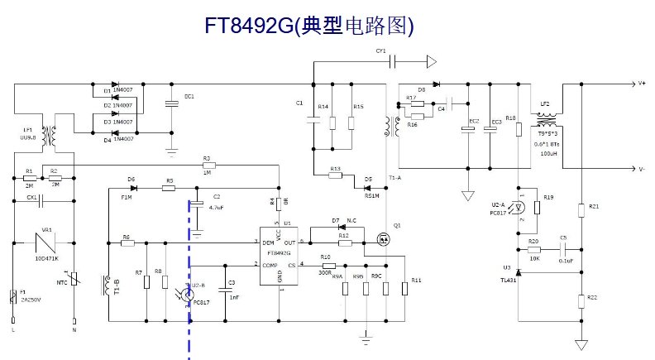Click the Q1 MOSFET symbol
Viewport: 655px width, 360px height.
(384, 240)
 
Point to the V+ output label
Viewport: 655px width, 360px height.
(642, 84)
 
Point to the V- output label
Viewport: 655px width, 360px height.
(642, 169)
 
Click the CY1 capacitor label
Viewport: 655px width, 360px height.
(380, 51)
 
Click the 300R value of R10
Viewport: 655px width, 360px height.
(325, 272)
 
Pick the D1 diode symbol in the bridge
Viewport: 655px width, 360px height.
(117, 84)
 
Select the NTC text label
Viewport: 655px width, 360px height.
(63, 282)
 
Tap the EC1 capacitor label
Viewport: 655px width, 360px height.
(189, 97)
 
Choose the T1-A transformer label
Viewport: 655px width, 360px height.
(394, 178)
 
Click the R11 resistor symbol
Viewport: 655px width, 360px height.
(405, 287)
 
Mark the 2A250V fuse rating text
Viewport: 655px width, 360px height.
(30, 300)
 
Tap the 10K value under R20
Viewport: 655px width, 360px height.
(534, 259)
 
